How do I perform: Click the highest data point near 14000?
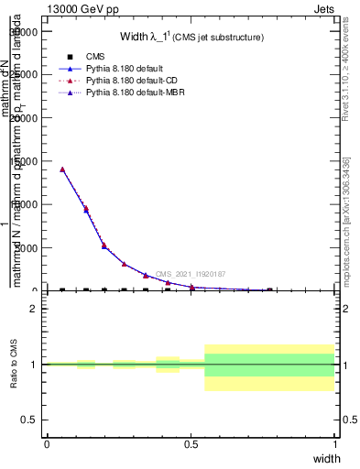click(x=62, y=169)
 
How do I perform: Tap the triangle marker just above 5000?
click(x=104, y=245)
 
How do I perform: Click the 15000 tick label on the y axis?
click(x=24, y=161)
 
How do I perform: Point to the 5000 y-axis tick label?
click(x=27, y=248)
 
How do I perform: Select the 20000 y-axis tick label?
click(x=24, y=118)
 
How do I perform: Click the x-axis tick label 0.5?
click(x=191, y=443)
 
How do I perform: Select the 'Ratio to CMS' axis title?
click(x=14, y=365)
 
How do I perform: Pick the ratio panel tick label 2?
click(x=34, y=310)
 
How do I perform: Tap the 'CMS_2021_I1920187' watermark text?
click(x=190, y=274)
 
